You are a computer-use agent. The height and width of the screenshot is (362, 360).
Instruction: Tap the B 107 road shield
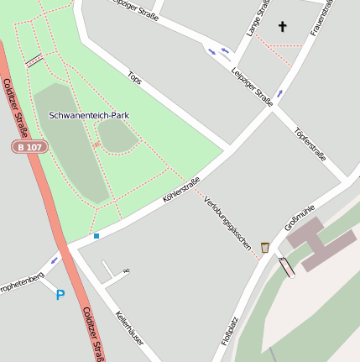coord(29,147)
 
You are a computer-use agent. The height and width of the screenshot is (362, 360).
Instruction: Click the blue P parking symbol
coord(60,295)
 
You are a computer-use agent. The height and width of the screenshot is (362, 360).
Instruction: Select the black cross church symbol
coord(282,27)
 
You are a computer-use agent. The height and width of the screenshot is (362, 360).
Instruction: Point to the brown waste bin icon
coord(265,247)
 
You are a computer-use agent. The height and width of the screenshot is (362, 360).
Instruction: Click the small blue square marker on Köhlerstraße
coord(97,236)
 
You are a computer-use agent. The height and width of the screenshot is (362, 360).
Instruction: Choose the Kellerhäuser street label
coord(129,327)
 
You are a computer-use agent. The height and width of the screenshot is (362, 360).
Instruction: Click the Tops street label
coord(134,76)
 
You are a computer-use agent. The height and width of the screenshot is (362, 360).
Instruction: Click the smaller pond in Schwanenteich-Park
coord(117,136)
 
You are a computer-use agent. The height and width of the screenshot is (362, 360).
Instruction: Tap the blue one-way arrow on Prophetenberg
coord(55,260)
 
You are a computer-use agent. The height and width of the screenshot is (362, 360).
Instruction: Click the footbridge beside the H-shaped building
coord(287,266)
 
